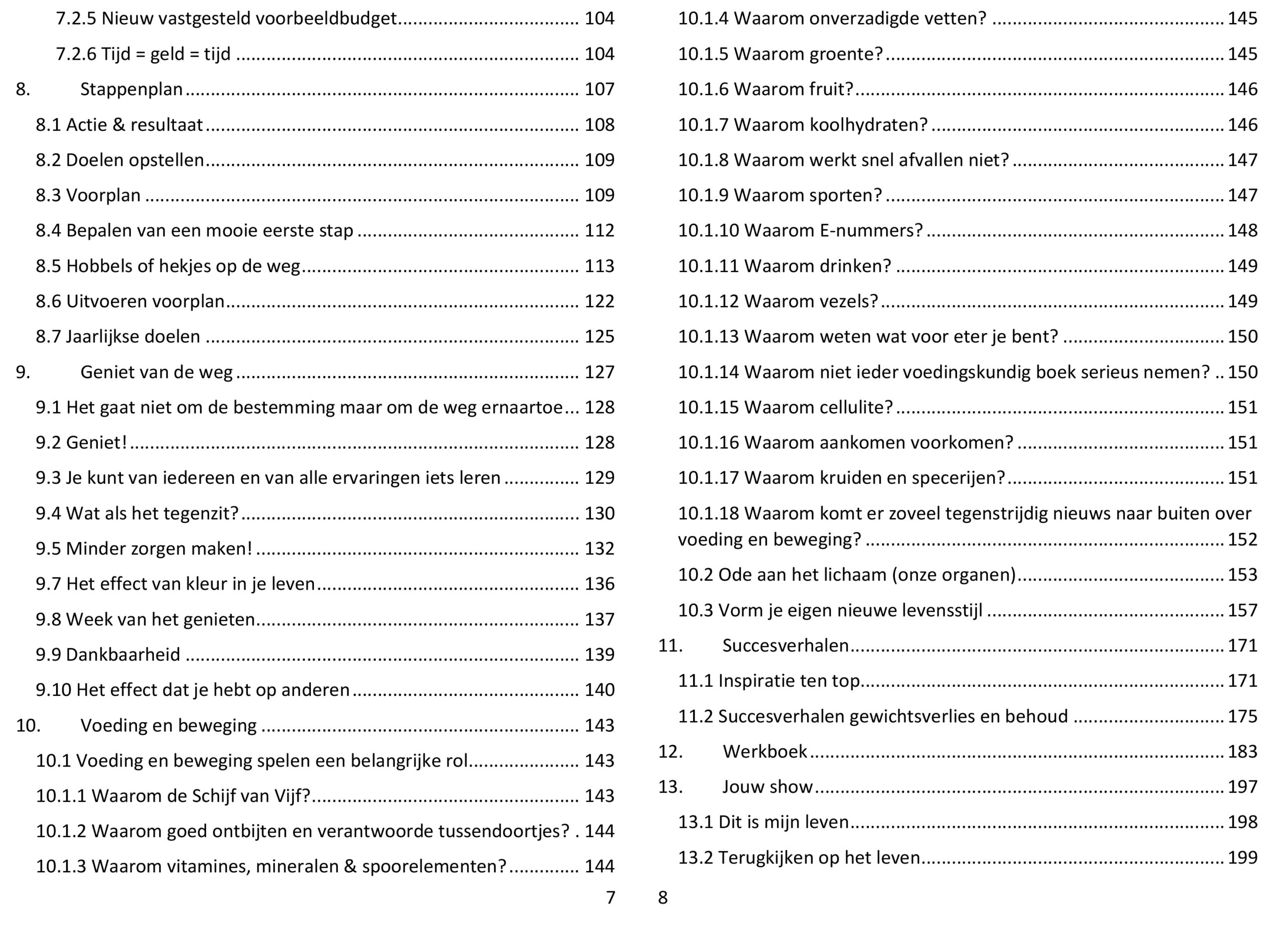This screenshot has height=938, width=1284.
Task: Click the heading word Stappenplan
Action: [131, 89]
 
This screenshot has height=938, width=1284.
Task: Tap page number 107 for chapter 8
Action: [599, 89]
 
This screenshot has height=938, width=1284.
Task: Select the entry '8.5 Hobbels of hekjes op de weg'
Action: [168, 266]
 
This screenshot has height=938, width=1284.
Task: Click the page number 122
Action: [599, 301]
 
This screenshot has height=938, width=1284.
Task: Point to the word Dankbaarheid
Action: [123, 654]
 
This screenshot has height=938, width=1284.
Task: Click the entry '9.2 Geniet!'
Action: [81, 442]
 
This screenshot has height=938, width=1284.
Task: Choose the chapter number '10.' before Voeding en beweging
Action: [28, 725]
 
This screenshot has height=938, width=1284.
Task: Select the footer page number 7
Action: [610, 897]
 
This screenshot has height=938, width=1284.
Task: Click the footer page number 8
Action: [663, 897]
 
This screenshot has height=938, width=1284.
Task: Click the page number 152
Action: [1242, 539]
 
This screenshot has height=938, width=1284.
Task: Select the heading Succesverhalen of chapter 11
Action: [785, 646]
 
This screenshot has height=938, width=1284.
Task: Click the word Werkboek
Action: [764, 751]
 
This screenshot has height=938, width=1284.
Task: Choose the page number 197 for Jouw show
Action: [1242, 787]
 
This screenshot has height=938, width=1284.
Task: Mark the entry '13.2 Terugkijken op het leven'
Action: [798, 857]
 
